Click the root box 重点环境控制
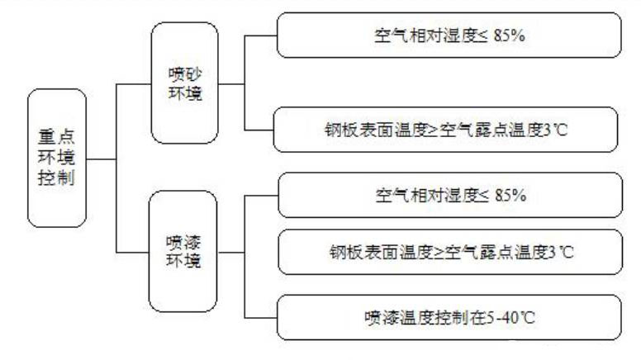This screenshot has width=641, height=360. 56,157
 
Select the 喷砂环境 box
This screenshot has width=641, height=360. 184,82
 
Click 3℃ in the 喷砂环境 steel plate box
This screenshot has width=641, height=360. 561,129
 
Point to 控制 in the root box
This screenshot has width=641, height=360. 56,178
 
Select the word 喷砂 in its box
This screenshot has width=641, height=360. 183,72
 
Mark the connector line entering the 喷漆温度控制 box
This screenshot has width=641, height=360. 260,317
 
